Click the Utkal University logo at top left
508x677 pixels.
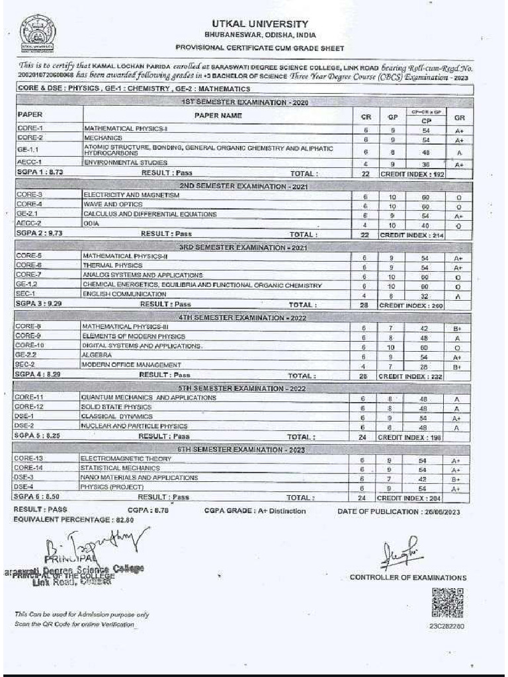38,34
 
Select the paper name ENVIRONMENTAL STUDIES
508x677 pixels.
125,163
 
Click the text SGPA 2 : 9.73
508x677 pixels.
38,234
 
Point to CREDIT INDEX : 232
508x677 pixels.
411,376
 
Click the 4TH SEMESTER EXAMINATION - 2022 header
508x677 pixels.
243,318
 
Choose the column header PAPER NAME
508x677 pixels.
218,116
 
